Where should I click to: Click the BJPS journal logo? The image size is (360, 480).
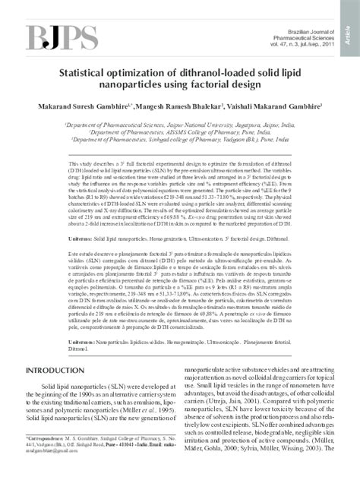tap(52, 38)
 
